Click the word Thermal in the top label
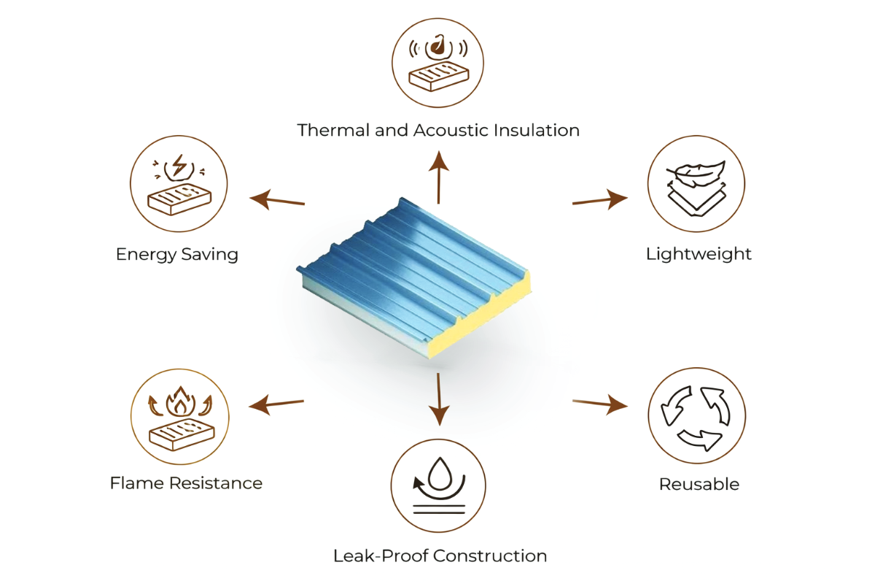click(x=333, y=130)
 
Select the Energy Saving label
click(x=177, y=255)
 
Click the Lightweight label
click(x=699, y=254)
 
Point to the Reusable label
click(x=699, y=484)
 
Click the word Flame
click(x=136, y=483)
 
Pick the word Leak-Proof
click(x=381, y=556)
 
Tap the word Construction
click(x=490, y=556)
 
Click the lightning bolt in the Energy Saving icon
click(x=179, y=165)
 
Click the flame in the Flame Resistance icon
click(x=180, y=401)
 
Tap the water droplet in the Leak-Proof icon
click(x=440, y=473)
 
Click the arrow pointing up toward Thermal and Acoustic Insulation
click(x=439, y=177)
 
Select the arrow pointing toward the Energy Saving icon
click(x=277, y=200)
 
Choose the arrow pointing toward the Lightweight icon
click(x=600, y=199)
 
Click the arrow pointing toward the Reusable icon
click(x=600, y=404)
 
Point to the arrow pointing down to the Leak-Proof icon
click(x=439, y=399)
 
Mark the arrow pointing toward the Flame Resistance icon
click(x=276, y=404)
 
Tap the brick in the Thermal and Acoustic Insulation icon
click(x=439, y=76)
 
